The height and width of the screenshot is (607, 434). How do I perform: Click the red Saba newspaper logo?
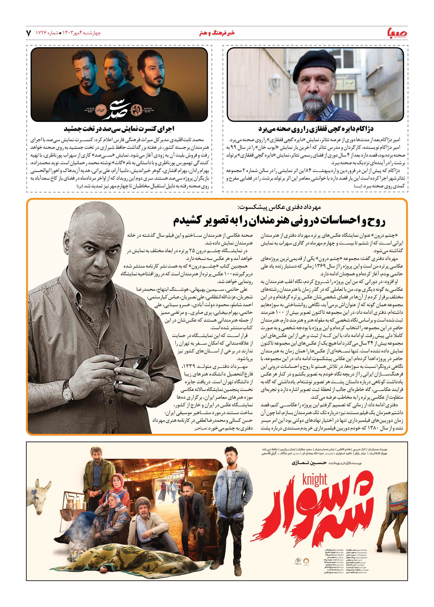click(x=396, y=32)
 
